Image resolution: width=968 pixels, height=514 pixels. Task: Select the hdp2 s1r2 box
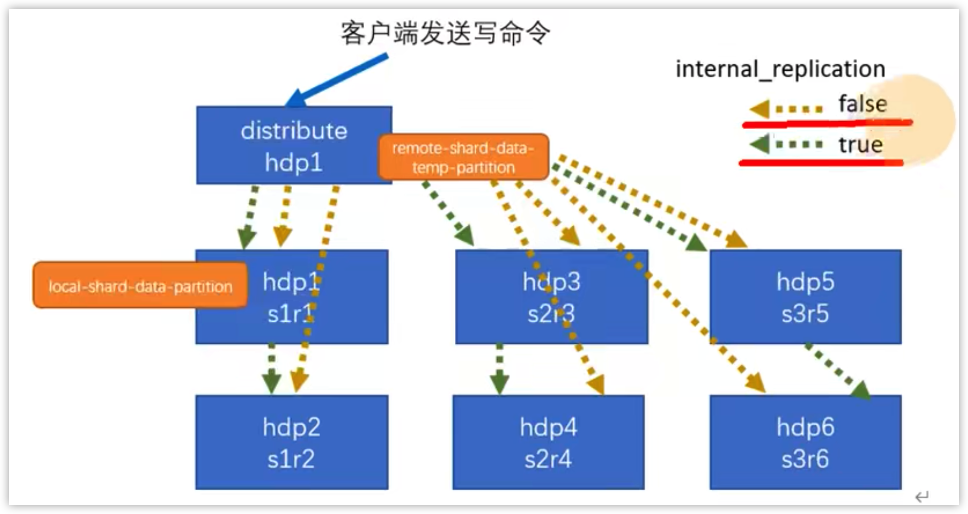coord(291,442)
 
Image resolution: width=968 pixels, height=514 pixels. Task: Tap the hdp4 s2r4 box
coord(548,442)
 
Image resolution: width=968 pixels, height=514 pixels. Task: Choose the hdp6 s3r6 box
coord(805,442)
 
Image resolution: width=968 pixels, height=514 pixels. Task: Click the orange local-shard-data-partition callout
coord(140,286)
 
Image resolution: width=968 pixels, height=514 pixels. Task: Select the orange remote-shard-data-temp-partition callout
coord(463,157)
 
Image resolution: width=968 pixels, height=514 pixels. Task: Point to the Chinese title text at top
coord(445,33)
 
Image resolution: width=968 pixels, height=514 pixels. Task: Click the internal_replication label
coord(780,69)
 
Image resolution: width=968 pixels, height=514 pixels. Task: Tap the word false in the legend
coord(862,104)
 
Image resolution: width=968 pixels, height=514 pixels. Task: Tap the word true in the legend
coord(860,145)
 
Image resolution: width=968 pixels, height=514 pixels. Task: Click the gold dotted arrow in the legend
coord(786,108)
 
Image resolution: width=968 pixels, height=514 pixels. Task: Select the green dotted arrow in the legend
coord(786,144)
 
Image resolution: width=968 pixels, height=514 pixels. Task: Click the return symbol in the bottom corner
coord(921,496)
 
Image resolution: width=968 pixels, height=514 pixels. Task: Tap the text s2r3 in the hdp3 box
coord(551,314)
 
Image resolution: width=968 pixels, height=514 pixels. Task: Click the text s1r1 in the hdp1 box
coord(290,314)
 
